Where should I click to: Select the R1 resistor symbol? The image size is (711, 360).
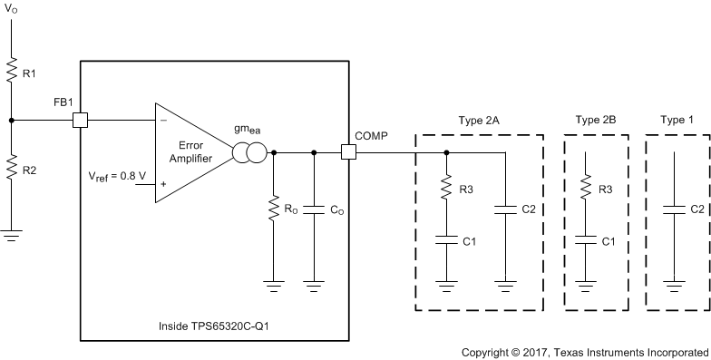10,69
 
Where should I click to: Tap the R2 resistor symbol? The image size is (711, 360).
10,169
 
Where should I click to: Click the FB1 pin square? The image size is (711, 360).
80,119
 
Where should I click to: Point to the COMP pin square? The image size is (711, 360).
347,152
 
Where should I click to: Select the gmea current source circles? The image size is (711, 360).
249,152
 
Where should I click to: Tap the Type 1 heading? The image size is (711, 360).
676,120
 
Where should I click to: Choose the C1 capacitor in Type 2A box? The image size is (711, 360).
447,241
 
